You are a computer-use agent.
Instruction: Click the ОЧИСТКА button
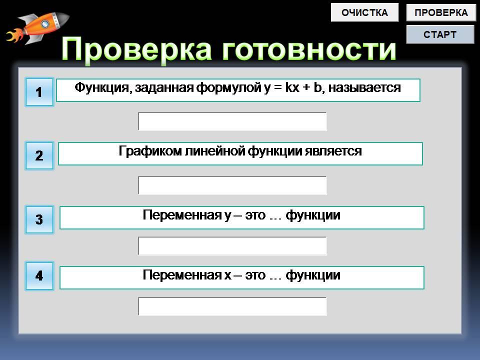click(364, 12)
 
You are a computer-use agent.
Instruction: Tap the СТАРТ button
click(440, 34)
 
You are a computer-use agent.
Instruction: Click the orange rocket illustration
click(37, 27)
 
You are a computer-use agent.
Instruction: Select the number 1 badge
click(39, 92)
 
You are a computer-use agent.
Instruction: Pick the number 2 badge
click(39, 155)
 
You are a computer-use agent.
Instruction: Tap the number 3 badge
click(39, 219)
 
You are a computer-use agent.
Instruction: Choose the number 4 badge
click(39, 275)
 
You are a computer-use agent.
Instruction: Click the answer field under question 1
click(232, 121)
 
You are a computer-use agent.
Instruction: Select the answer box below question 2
click(232, 185)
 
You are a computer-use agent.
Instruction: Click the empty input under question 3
click(232, 246)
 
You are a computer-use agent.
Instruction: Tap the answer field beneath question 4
click(232, 306)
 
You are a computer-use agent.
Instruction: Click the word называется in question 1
click(364, 88)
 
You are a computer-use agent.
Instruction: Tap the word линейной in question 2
click(214, 151)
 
